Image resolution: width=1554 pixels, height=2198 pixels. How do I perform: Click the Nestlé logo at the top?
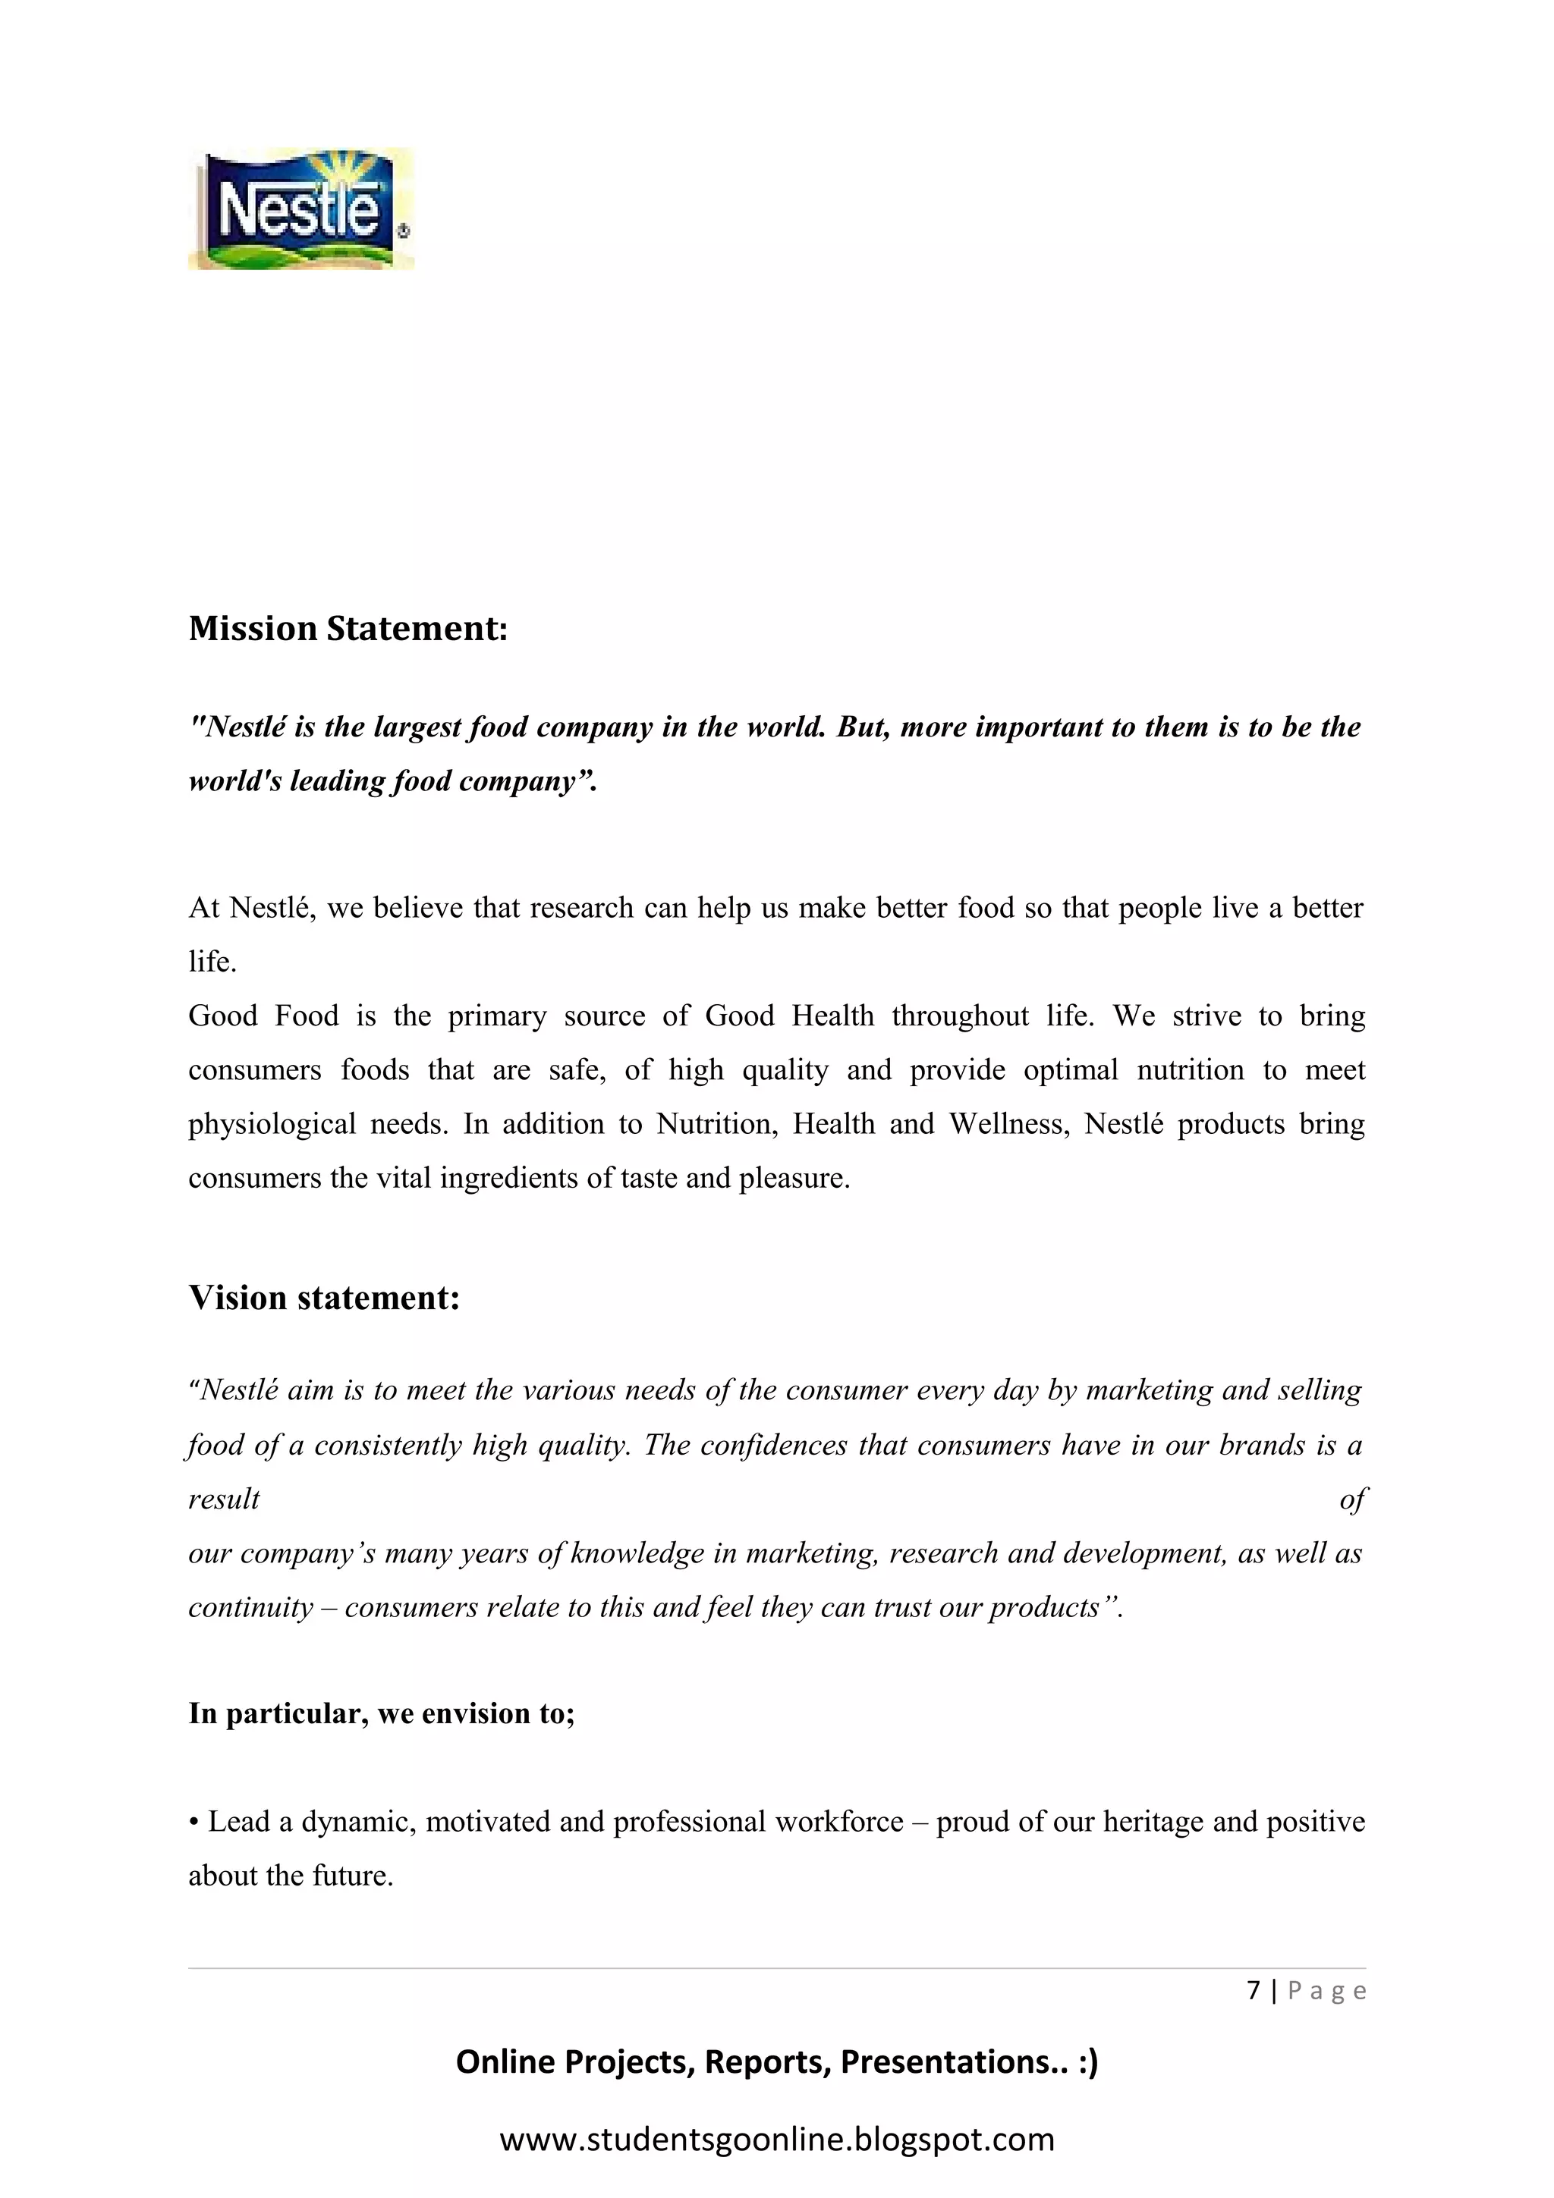[300, 209]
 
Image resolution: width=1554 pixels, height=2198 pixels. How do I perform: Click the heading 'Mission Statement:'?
[348, 629]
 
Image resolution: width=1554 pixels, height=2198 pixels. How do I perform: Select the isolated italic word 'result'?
[224, 1499]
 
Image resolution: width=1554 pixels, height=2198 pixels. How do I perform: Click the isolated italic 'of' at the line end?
[1353, 1499]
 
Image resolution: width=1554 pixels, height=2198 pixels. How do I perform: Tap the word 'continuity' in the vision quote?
[251, 1607]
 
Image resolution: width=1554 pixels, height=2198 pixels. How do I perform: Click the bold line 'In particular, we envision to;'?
[381, 1713]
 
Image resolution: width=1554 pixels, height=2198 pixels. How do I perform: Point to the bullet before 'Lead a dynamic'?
[193, 1823]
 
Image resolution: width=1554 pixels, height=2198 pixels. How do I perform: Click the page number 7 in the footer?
[1254, 1990]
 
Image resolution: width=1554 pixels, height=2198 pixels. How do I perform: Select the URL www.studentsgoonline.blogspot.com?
[776, 2139]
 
